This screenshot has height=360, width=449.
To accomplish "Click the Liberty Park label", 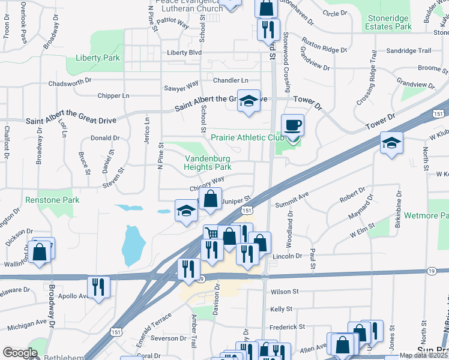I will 97,58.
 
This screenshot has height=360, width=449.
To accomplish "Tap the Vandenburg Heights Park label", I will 208,163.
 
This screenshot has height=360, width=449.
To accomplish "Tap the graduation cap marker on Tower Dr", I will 391,143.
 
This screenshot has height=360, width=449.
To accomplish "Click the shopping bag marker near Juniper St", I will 211,200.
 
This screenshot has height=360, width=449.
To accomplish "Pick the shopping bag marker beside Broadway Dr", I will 39,252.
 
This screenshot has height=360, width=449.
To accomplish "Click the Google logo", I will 20,353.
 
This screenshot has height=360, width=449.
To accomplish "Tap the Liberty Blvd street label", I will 184,53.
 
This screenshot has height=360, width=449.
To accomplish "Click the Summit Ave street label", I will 292,200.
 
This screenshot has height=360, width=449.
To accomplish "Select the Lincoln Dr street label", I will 287,256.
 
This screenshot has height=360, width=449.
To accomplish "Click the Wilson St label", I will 285,292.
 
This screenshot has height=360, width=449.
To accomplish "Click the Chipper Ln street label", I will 113,95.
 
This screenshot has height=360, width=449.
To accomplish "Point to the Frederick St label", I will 288,327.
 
